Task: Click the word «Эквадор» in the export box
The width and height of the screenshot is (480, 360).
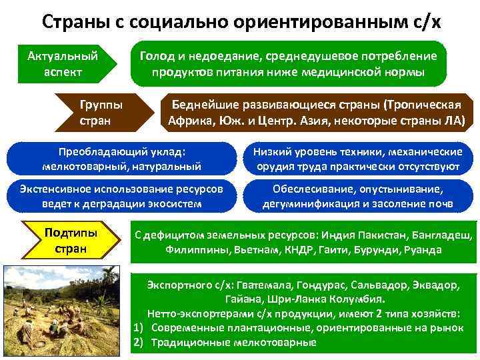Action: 437,285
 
